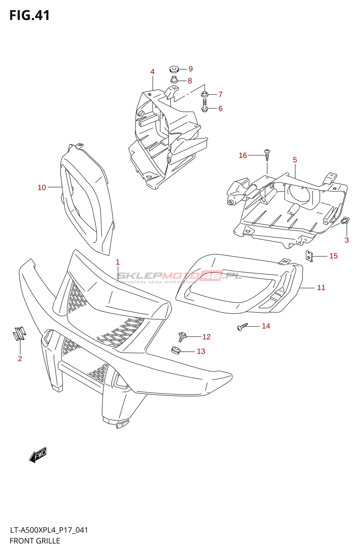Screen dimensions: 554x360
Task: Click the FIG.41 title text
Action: [x=30, y=16]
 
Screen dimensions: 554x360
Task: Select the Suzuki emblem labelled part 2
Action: [x=19, y=333]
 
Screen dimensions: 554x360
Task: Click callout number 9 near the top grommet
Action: [x=190, y=69]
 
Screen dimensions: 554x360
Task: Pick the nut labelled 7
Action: [x=204, y=94]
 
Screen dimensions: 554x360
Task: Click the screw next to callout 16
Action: [x=267, y=154]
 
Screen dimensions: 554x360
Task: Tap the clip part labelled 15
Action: [x=309, y=256]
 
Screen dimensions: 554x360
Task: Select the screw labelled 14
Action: [x=243, y=326]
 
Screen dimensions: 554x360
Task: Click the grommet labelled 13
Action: [x=176, y=350]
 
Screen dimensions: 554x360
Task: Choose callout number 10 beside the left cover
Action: [x=42, y=187]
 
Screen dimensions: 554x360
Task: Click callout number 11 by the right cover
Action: [x=321, y=287]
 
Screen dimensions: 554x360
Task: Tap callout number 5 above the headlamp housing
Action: [x=295, y=160]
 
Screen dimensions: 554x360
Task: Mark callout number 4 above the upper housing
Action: [x=152, y=72]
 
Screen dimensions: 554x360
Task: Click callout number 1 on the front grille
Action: [x=118, y=262]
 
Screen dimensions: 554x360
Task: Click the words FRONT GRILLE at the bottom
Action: [x=35, y=541]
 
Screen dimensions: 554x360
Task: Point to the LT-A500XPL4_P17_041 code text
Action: [x=49, y=530]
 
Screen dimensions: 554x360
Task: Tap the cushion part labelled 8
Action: [x=174, y=80]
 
